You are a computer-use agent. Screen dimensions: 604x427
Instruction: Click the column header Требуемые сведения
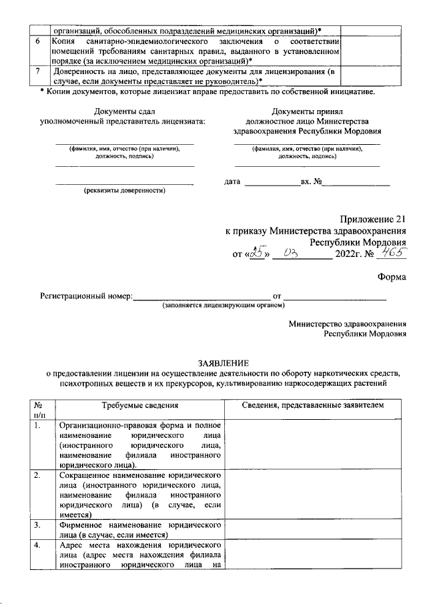click(x=139, y=406)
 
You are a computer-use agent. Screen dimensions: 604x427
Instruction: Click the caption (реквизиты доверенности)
click(x=124, y=191)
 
